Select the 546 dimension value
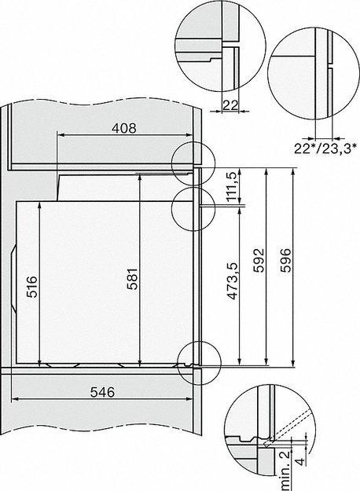coord(105,392)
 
